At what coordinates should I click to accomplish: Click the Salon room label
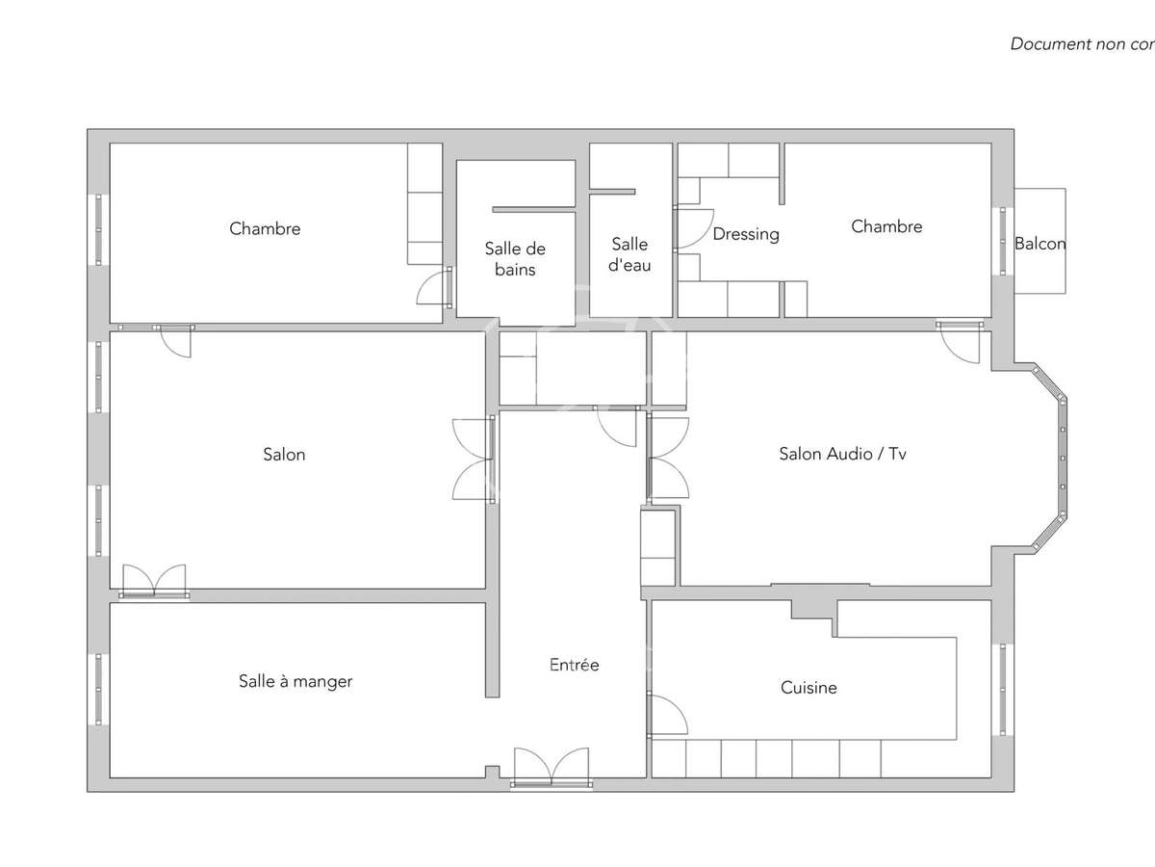(284, 454)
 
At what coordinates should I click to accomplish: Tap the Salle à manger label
(295, 681)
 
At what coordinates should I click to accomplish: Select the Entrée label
(574, 665)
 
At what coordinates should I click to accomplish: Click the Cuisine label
(808, 688)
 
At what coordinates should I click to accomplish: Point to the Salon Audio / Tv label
(842, 454)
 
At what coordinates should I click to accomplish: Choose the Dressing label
(746, 234)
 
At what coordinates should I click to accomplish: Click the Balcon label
(1040, 244)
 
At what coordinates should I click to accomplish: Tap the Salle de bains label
(515, 259)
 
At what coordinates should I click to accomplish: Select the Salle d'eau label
(629, 255)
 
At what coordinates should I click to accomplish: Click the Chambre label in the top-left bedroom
(265, 228)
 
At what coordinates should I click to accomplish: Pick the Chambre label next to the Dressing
(886, 226)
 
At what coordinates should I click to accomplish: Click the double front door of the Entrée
(552, 768)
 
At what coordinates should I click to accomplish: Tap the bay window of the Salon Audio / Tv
(1060, 459)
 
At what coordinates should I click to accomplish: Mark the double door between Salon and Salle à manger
(154, 582)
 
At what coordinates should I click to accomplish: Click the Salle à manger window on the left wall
(98, 689)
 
